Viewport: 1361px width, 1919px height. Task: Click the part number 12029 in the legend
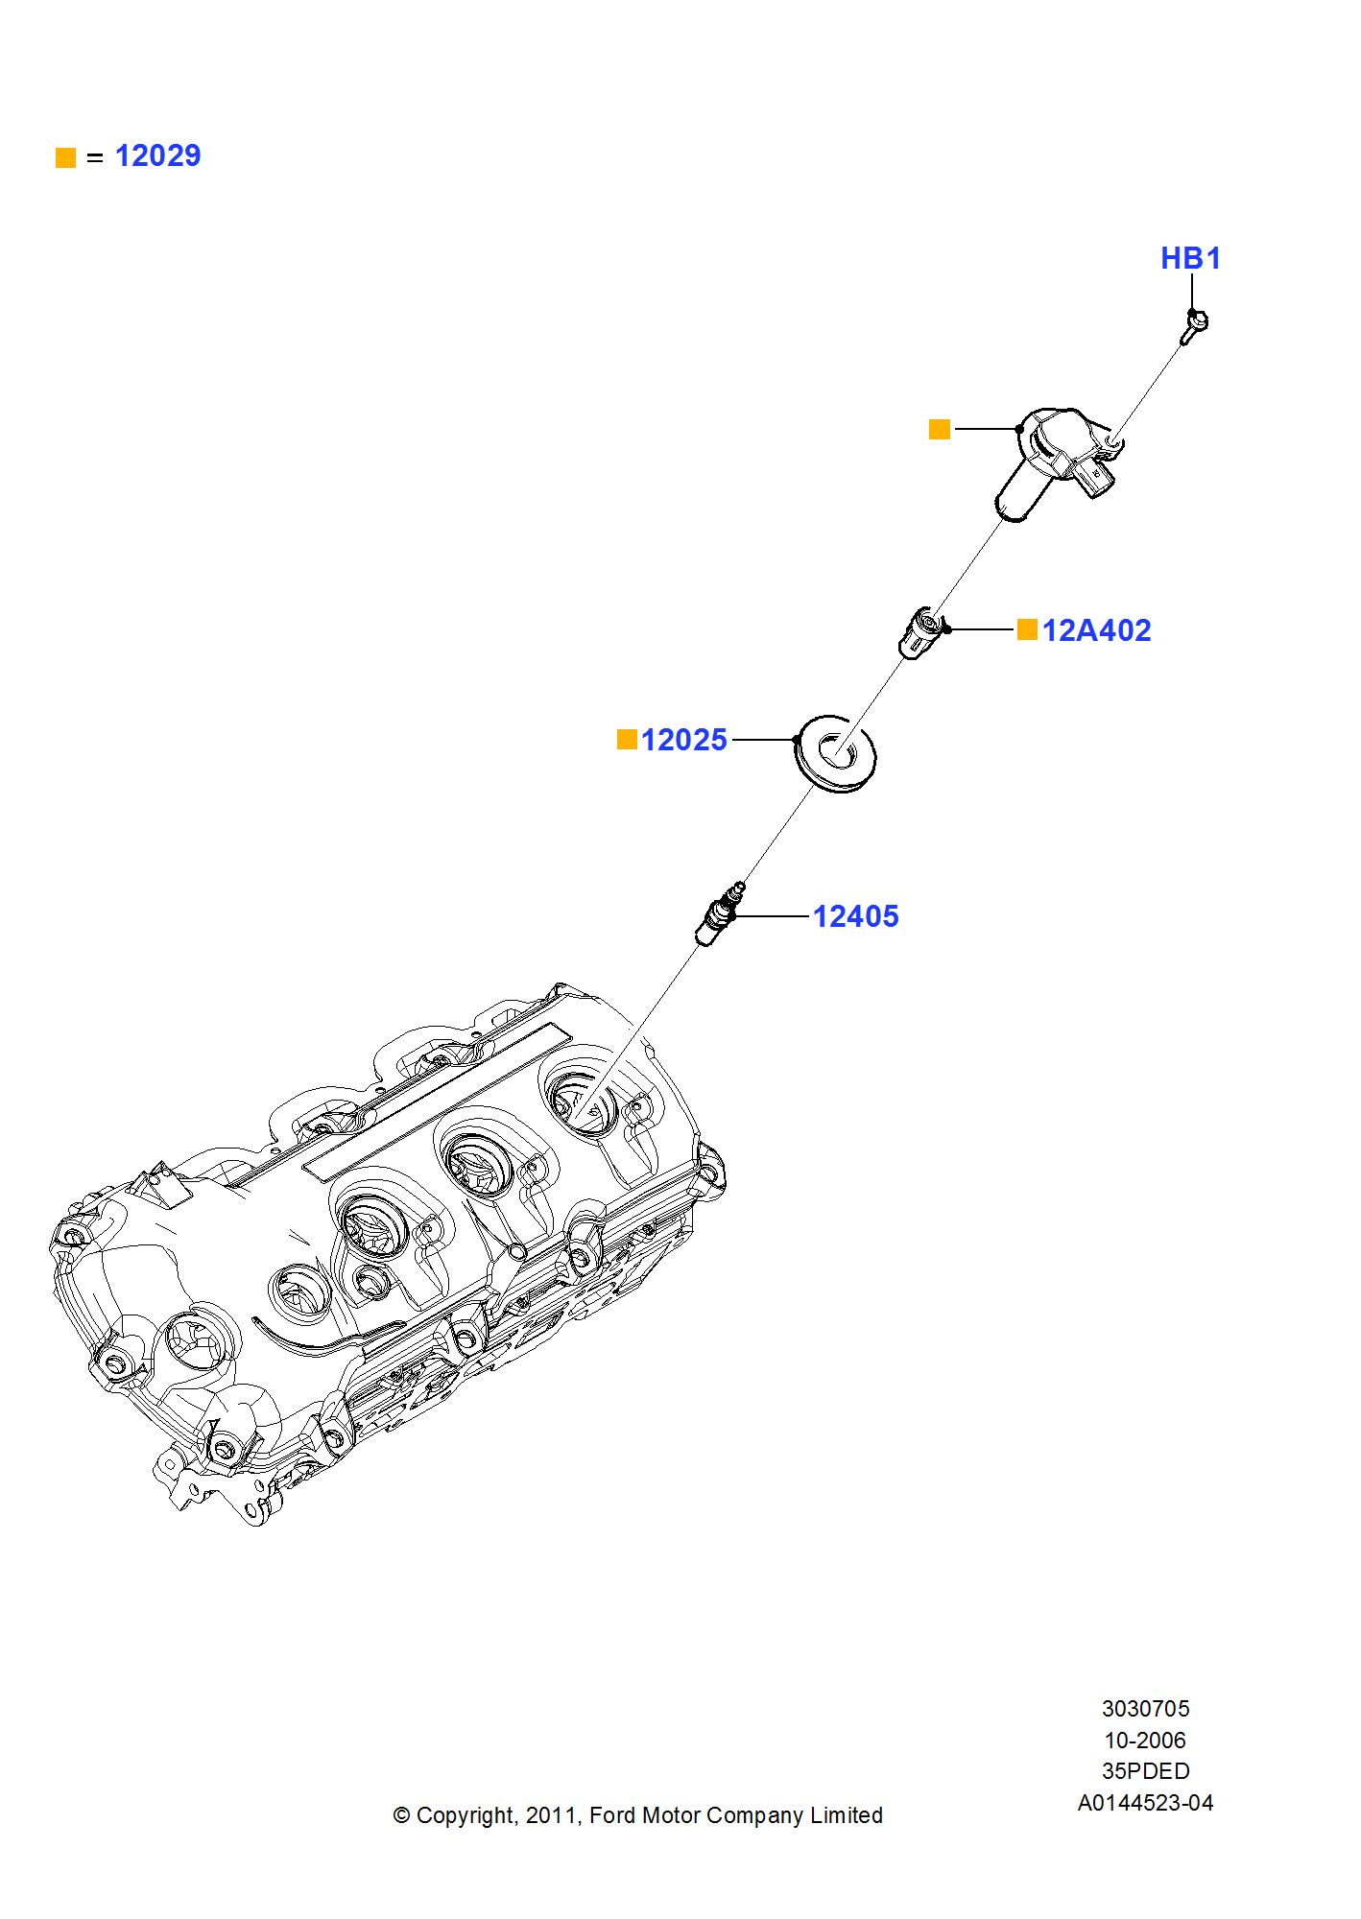(157, 155)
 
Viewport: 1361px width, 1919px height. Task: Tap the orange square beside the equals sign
(65, 157)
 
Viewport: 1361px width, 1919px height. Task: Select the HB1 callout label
(1190, 258)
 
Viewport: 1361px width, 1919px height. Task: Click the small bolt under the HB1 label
(1193, 326)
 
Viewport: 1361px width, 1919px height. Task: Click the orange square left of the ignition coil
(940, 429)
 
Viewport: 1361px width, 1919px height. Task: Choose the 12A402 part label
(1096, 630)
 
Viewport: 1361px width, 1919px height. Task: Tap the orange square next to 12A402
(1027, 629)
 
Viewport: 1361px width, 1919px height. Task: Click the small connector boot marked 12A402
(921, 632)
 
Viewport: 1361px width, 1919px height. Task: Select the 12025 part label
(683, 740)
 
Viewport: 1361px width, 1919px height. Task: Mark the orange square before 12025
(627, 739)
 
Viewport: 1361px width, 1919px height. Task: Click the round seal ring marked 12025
(836, 753)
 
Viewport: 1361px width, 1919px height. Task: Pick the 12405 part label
(855, 916)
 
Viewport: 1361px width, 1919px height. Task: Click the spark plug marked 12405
(720, 915)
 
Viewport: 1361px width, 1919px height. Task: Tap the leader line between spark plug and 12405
(773, 916)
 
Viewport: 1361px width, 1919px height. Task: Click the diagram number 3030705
(1145, 1709)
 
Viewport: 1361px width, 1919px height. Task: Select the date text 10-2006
(1145, 1741)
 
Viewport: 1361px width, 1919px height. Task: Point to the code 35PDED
(1145, 1771)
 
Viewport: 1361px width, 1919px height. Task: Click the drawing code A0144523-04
(1145, 1803)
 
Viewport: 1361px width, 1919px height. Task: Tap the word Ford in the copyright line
(611, 1815)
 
